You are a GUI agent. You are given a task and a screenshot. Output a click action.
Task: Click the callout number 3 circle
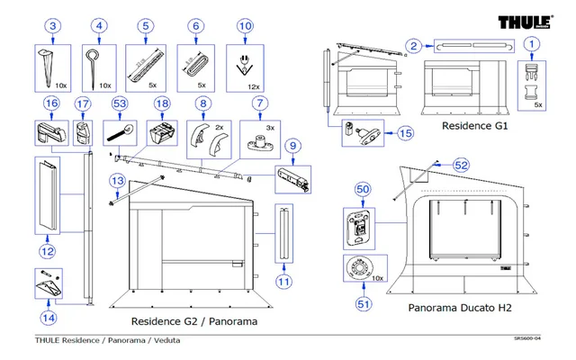[53, 26]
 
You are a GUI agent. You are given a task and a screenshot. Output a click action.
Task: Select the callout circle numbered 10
[244, 26]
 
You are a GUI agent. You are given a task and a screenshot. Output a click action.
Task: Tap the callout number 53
[119, 104]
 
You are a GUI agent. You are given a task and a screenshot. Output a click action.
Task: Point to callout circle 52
[461, 166]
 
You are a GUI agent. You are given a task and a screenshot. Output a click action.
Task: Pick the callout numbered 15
[405, 133]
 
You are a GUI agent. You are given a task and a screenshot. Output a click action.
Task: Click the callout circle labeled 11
[283, 282]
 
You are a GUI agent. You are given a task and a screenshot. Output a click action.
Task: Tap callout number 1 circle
[534, 43]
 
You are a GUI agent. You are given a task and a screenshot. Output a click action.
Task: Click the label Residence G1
[474, 127]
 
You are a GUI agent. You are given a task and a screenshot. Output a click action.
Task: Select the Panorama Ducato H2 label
[459, 308]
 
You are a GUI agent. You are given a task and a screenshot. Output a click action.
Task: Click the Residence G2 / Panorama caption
[194, 321]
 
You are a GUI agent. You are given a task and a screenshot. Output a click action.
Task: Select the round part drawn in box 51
[361, 269]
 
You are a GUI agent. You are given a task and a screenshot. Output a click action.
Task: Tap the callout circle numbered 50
[363, 190]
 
